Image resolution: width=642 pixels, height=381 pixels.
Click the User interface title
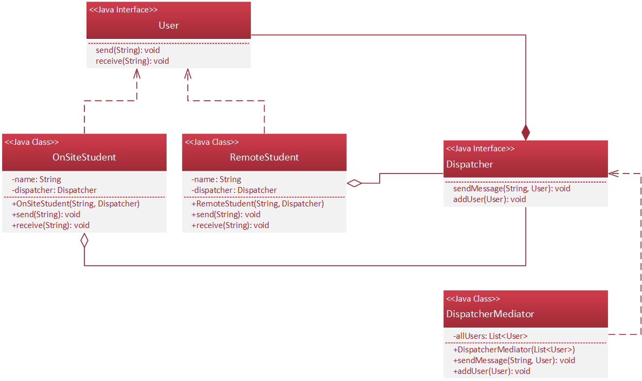(168, 25)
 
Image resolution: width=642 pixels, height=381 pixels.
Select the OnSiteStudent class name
(84, 157)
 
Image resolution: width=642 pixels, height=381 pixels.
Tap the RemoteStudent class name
(264, 157)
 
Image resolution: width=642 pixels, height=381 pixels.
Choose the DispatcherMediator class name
(490, 314)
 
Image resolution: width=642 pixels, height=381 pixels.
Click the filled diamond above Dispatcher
(525, 132)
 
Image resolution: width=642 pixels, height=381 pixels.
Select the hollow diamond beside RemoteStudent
(354, 183)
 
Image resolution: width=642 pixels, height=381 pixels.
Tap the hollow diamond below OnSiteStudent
(84, 240)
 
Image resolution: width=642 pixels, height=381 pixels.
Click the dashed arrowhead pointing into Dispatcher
(613, 173)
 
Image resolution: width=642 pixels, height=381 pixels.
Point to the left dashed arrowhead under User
(137, 73)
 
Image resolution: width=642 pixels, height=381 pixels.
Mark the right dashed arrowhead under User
(188, 73)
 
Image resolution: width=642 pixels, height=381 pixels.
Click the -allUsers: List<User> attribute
(490, 336)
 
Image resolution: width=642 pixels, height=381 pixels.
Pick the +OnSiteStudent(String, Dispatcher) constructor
(75, 204)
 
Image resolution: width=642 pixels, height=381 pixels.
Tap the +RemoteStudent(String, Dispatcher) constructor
(257, 204)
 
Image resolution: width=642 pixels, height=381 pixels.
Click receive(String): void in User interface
(132, 61)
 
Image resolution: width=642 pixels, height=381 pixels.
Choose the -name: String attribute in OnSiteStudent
(36, 179)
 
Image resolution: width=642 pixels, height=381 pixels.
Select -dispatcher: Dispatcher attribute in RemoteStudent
(234, 190)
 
